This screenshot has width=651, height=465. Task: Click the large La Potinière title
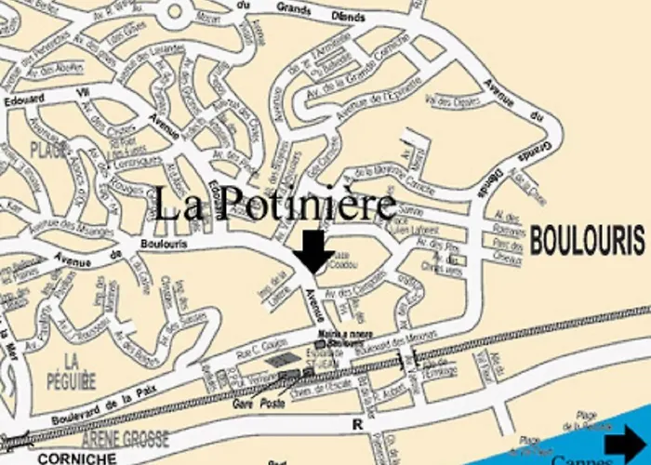[x=274, y=205]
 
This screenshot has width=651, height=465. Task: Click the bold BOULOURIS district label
[x=587, y=241]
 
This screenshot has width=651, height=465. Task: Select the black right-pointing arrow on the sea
[x=628, y=444]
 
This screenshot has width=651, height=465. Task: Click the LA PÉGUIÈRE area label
[x=68, y=369]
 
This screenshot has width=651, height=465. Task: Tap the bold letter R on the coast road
[x=355, y=424]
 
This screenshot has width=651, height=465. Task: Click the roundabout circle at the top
[x=180, y=11]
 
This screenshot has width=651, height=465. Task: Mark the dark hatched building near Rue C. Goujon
[x=278, y=359]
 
